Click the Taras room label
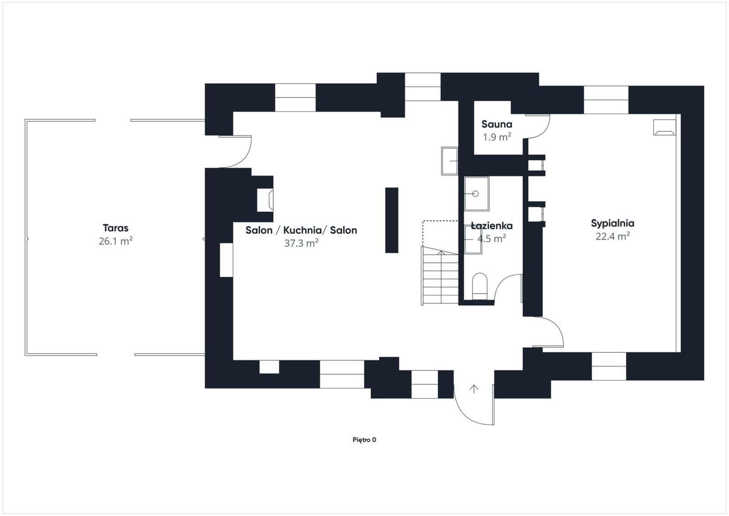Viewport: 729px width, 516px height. pos(116,228)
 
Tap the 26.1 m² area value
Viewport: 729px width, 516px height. pos(116,241)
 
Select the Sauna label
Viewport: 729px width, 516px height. pos(497,124)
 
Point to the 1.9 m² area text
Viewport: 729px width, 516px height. pos(497,137)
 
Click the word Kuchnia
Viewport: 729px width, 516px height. pos(303,230)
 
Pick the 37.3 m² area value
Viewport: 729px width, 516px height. pos(301,243)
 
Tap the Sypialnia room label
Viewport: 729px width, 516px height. pos(612,224)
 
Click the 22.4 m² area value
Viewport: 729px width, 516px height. pos(612,236)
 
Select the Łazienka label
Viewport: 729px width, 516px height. pos(492,226)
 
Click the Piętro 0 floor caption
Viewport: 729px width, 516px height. pos(364,440)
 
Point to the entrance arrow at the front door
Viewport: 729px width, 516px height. pos(474,389)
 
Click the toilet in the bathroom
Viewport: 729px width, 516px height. pos(480,286)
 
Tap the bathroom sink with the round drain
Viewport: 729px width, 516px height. pos(477,194)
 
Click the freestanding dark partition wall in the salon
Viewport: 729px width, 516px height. pos(391,220)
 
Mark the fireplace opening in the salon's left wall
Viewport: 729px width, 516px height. pos(265,200)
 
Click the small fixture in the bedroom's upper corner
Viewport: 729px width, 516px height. pos(665,127)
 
